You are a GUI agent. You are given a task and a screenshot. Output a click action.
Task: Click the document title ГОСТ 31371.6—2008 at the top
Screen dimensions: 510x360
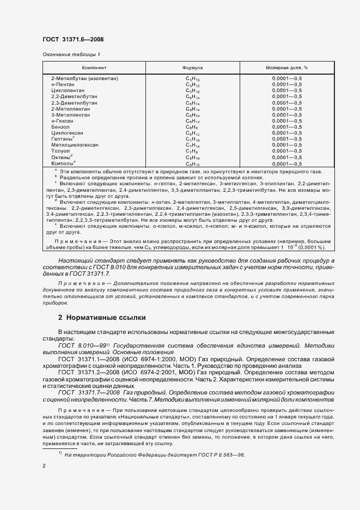pyautogui.click(x=73, y=39)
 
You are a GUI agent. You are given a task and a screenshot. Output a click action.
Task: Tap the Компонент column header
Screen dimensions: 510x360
pyautogui.click(x=94, y=68)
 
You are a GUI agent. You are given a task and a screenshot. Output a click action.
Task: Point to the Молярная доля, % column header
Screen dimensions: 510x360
pyautogui.click(x=287, y=68)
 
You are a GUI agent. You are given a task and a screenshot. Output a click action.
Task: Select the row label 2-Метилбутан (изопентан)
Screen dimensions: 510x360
pyautogui.click(x=84, y=78)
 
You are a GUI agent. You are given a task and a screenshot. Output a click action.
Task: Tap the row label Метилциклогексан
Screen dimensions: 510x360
pyautogui.click(x=75, y=145)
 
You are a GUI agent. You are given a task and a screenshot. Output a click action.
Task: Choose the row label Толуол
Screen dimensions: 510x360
pyautogui.click(x=60, y=151)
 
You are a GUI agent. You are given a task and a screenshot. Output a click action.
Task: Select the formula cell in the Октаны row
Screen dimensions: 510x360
pyautogui.click(x=193, y=157)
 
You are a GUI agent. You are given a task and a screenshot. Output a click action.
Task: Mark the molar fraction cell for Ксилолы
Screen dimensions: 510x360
pyautogui.click(x=287, y=163)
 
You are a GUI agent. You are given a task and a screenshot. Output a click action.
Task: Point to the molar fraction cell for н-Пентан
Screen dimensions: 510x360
pyautogui.click(x=287, y=84)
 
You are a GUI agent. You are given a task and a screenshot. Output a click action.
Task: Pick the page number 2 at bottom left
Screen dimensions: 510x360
pyautogui.click(x=44, y=466)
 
